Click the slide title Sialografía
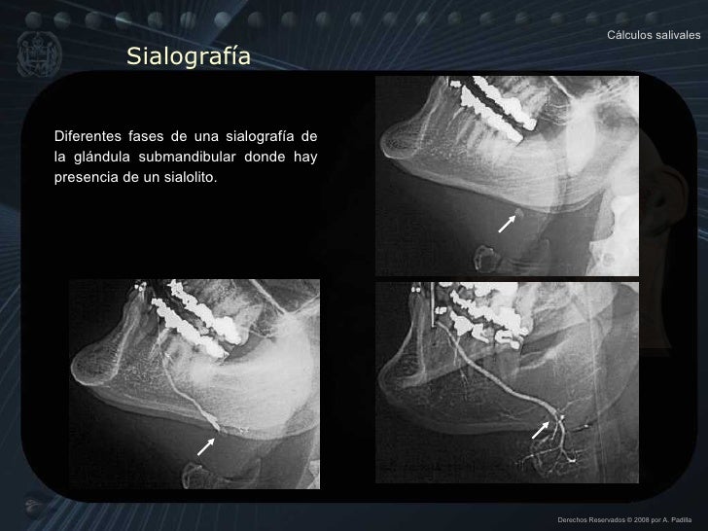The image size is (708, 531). (x=188, y=58)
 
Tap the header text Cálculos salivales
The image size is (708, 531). (x=654, y=35)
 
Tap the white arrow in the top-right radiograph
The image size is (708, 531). (x=507, y=225)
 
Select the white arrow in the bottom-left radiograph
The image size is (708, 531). (x=205, y=445)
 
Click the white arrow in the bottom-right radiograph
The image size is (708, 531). (x=539, y=429)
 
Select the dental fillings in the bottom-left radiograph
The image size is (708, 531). (x=195, y=316)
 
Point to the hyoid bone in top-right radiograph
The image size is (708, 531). (x=483, y=257)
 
